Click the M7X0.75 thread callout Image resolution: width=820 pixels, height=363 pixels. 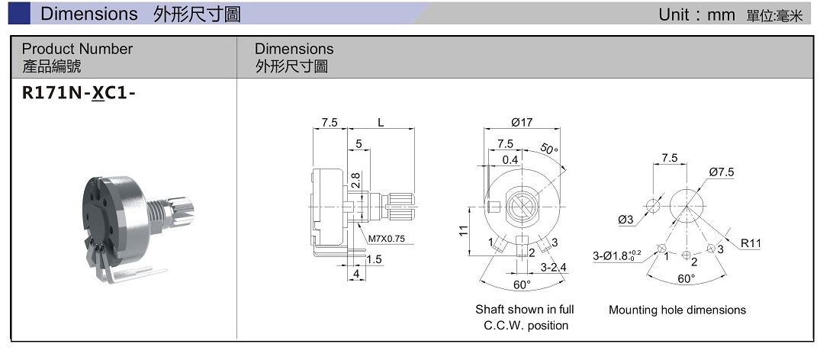386,239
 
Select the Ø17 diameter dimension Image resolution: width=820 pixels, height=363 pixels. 521,123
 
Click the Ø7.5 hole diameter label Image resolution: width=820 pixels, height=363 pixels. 721,172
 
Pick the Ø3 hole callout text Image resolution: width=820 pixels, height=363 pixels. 626,220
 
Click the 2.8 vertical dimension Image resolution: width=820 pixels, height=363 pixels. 356,181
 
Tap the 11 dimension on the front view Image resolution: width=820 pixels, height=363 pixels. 464,231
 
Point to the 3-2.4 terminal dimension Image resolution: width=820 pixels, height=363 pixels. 553,268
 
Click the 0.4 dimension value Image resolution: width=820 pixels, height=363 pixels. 510,159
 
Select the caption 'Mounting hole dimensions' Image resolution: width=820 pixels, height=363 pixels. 677,310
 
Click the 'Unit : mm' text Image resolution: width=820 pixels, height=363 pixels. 696,15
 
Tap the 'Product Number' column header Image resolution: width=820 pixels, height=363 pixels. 77,49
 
